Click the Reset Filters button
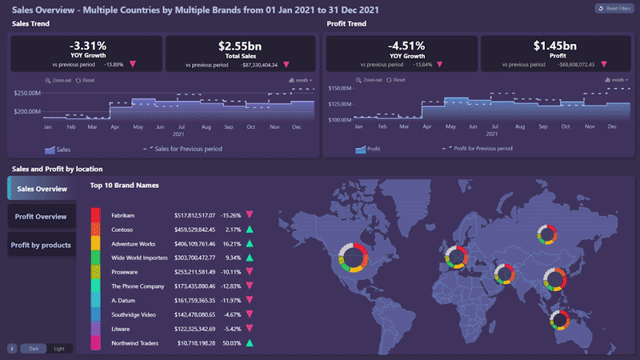coord(612,9)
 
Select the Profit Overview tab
coord(41,217)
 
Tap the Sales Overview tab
coord(42,189)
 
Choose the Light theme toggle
coord(58,349)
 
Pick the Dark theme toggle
coord(34,349)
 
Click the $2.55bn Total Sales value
coord(241,46)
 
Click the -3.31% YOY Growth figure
coord(87,46)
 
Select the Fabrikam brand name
coord(123,215)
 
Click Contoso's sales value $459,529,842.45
coord(194,230)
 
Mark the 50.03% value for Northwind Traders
coord(232,343)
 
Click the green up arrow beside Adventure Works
coord(250,243)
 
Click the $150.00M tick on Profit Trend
coord(340,88)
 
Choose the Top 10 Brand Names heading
coord(125,186)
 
